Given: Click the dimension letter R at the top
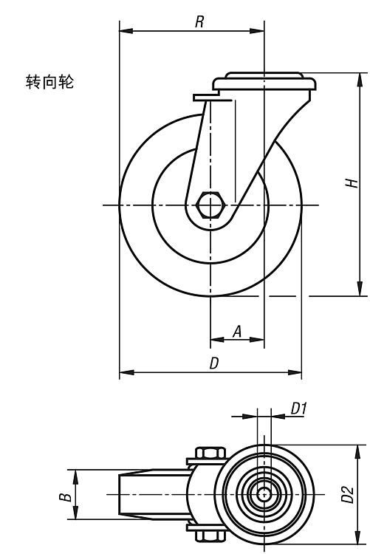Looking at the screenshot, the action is tap(199, 22).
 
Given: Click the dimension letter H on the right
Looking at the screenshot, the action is tap(352, 183).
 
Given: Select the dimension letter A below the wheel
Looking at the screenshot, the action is tap(238, 332).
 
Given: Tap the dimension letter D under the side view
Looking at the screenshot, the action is tap(214, 363).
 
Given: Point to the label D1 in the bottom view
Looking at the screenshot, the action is tap(298, 408).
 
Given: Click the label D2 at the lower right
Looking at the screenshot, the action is tap(347, 494).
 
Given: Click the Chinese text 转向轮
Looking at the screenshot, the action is tap(49, 81).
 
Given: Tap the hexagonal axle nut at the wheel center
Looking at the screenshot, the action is tap(210, 205).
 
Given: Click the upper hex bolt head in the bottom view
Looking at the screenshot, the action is tap(210, 453).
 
